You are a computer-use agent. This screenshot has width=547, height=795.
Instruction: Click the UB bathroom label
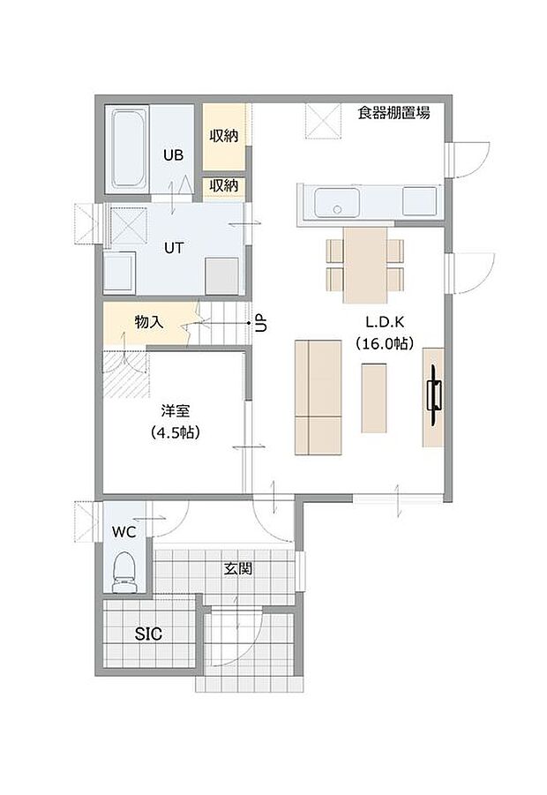tap(173, 154)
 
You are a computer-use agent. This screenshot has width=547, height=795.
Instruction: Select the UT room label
tap(173, 248)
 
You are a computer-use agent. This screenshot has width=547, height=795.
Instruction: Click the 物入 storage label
tap(148, 323)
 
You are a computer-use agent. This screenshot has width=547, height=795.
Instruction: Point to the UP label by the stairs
tap(260, 323)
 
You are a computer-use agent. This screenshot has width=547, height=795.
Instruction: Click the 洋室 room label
tap(173, 411)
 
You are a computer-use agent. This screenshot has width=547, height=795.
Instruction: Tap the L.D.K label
tap(384, 324)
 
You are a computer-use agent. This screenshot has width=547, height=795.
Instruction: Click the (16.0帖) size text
tap(384, 345)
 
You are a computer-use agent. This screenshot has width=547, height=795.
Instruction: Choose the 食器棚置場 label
tap(393, 113)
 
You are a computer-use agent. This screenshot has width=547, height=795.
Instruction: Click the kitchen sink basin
tap(333, 201)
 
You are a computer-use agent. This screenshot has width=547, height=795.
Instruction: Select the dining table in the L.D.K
tap(365, 263)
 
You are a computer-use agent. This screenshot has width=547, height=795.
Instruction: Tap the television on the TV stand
tap(434, 395)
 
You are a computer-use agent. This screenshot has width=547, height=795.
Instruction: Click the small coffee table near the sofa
tap(374, 398)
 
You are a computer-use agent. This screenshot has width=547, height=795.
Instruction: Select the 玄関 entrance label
tap(237, 569)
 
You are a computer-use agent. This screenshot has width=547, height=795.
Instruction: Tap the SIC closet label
tap(148, 634)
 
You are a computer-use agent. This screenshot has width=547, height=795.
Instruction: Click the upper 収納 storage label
tap(223, 137)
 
